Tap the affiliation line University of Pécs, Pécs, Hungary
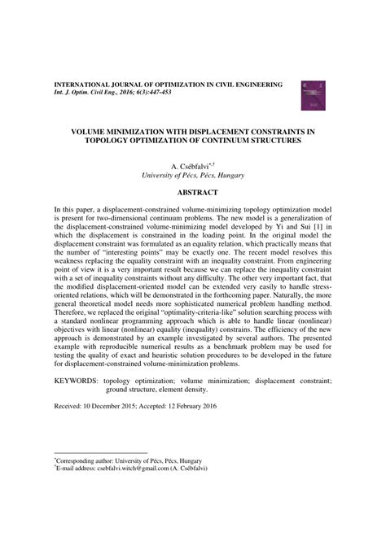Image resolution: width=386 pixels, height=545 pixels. pyautogui.click(x=193, y=175)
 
